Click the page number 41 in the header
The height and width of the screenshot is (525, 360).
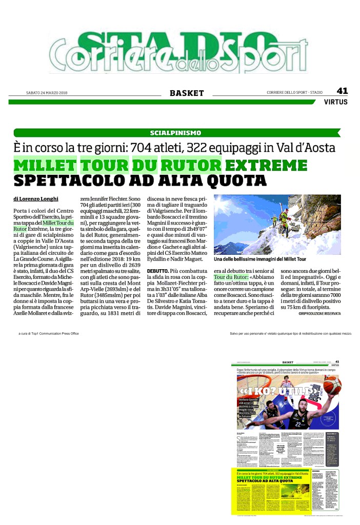tap(342, 91)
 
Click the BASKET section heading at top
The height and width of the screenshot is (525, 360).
tap(187, 93)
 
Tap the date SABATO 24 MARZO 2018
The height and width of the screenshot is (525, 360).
tap(47, 93)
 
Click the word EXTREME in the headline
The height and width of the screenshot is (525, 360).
tap(266, 166)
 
